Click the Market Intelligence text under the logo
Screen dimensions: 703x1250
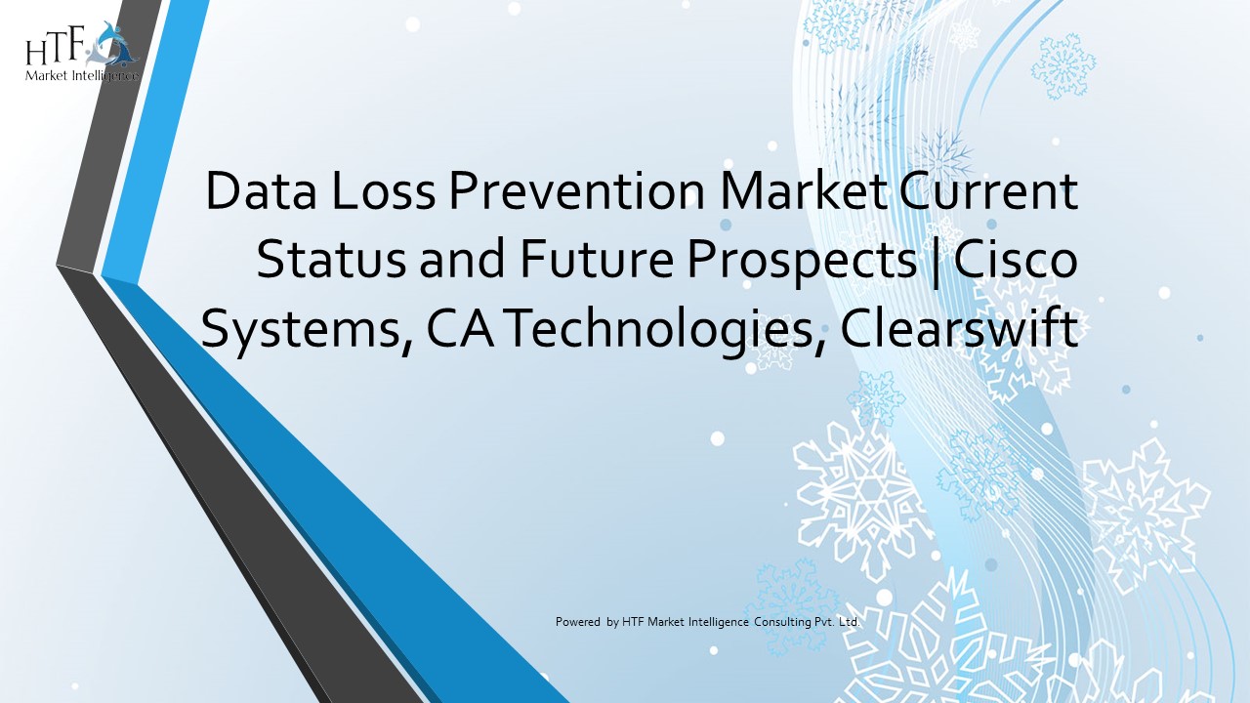pyautogui.click(x=83, y=75)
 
